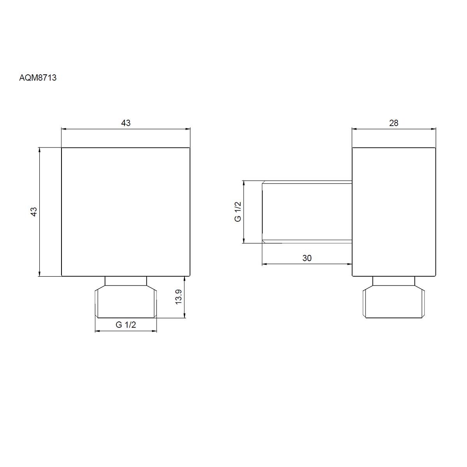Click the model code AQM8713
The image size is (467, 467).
click(x=38, y=77)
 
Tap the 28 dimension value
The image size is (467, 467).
click(x=393, y=123)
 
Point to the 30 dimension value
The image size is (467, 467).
click(x=307, y=258)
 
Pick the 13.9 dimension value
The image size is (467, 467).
click(x=178, y=297)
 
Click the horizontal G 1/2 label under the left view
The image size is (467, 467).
click(x=126, y=325)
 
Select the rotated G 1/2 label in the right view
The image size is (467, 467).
click(x=238, y=212)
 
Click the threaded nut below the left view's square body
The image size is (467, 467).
click(x=126, y=302)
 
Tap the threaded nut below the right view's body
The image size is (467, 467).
click(x=393, y=302)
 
